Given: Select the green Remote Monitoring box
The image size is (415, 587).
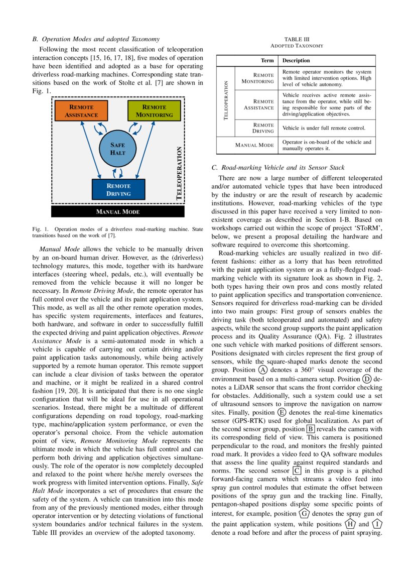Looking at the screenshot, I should click(x=154, y=111).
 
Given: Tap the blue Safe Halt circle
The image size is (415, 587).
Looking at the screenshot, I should click(x=117, y=149).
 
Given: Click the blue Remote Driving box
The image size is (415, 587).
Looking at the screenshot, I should click(x=118, y=189).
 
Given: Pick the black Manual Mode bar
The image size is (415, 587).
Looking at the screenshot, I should click(x=118, y=212).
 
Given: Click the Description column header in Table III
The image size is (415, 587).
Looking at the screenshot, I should click(x=296, y=60).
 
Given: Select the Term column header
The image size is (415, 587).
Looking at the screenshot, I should click(x=267, y=60).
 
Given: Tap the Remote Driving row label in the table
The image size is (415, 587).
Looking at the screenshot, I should click(x=263, y=128).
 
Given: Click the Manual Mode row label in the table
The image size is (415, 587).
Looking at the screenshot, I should click(x=254, y=145).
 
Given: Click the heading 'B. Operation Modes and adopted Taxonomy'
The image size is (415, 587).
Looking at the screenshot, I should click(x=96, y=38).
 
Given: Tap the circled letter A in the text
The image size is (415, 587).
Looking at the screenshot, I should click(x=262, y=383).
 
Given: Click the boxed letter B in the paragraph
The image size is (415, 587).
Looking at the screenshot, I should click(x=311, y=429).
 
